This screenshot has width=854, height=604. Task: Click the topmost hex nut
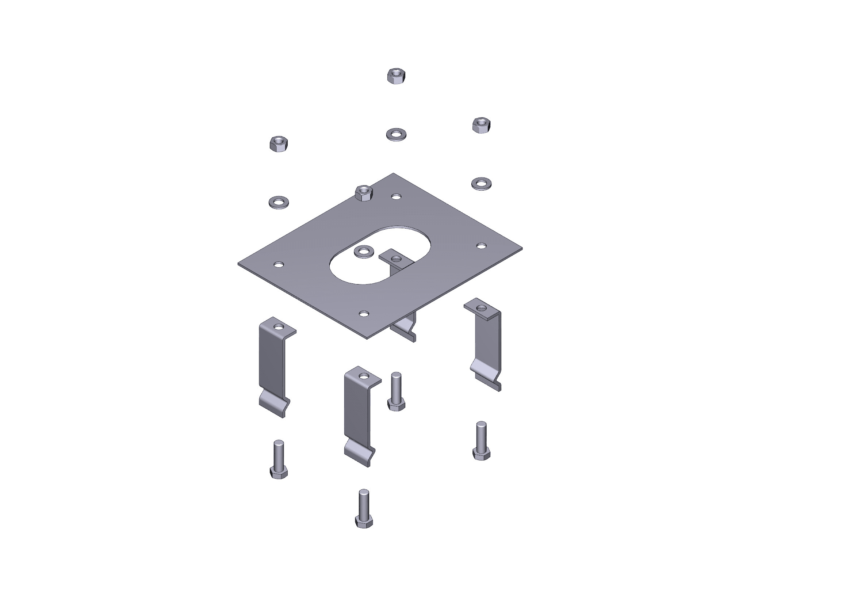click(396, 76)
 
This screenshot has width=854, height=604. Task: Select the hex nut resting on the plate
click(364, 193)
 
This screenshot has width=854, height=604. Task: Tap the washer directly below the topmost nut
click(396, 134)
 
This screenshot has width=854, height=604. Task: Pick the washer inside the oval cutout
click(364, 251)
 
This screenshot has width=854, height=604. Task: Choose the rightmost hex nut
click(481, 125)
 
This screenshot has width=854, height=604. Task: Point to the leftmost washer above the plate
click(279, 202)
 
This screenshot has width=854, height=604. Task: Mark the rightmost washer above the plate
click(481, 184)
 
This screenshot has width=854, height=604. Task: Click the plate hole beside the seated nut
click(397, 196)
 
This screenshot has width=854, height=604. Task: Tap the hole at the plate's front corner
click(364, 314)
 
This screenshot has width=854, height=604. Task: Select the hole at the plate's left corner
click(279, 265)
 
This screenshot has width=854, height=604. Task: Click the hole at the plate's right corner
click(481, 246)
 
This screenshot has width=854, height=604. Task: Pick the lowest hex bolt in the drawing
click(364, 508)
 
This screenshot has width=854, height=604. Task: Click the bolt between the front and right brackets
click(396, 391)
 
